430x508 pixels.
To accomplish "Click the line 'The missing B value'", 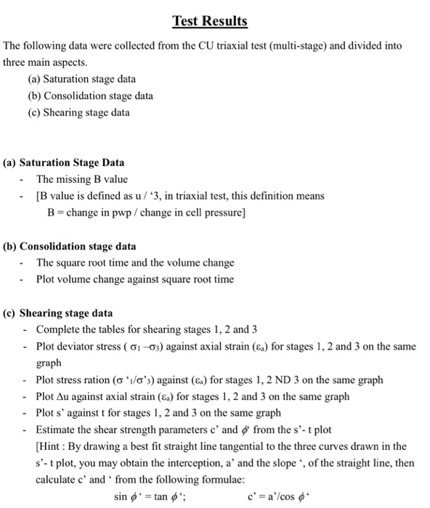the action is point(82,179).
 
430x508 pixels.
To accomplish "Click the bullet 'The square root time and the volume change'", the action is point(135,263).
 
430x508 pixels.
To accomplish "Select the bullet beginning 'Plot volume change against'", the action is point(135,279).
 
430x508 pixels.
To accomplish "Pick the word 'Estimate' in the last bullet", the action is point(57,430).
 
